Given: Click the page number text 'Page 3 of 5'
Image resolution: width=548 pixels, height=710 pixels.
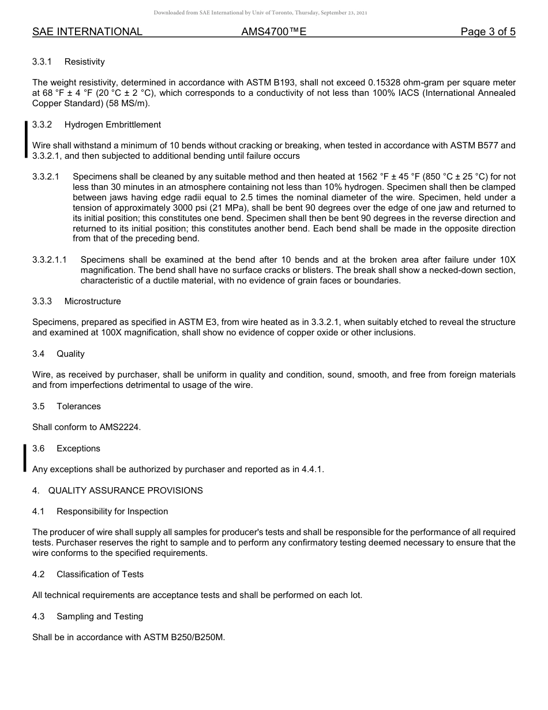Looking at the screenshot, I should (487, 32).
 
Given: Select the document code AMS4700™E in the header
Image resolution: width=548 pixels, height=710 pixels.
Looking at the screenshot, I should (273, 32).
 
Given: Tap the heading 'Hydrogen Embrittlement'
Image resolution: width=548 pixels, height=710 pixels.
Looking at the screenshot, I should (112, 125).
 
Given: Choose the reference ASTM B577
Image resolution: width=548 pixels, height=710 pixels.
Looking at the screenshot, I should (473, 145).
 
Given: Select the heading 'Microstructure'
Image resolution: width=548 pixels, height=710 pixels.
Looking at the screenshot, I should (92, 301).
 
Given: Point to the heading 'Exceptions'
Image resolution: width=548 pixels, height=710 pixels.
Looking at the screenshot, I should (78, 449).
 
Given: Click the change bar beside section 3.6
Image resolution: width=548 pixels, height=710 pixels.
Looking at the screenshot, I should (25, 458).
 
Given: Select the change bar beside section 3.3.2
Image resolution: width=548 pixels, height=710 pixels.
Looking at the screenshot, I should (25, 139).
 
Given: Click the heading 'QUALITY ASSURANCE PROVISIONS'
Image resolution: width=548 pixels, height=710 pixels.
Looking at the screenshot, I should (125, 491).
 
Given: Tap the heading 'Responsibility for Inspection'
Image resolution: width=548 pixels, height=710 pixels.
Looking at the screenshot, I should (112, 511).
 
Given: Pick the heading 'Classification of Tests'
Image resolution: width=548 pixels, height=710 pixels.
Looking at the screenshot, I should (100, 574).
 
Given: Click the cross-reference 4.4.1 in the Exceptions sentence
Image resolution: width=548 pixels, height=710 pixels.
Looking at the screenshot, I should (312, 469).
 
